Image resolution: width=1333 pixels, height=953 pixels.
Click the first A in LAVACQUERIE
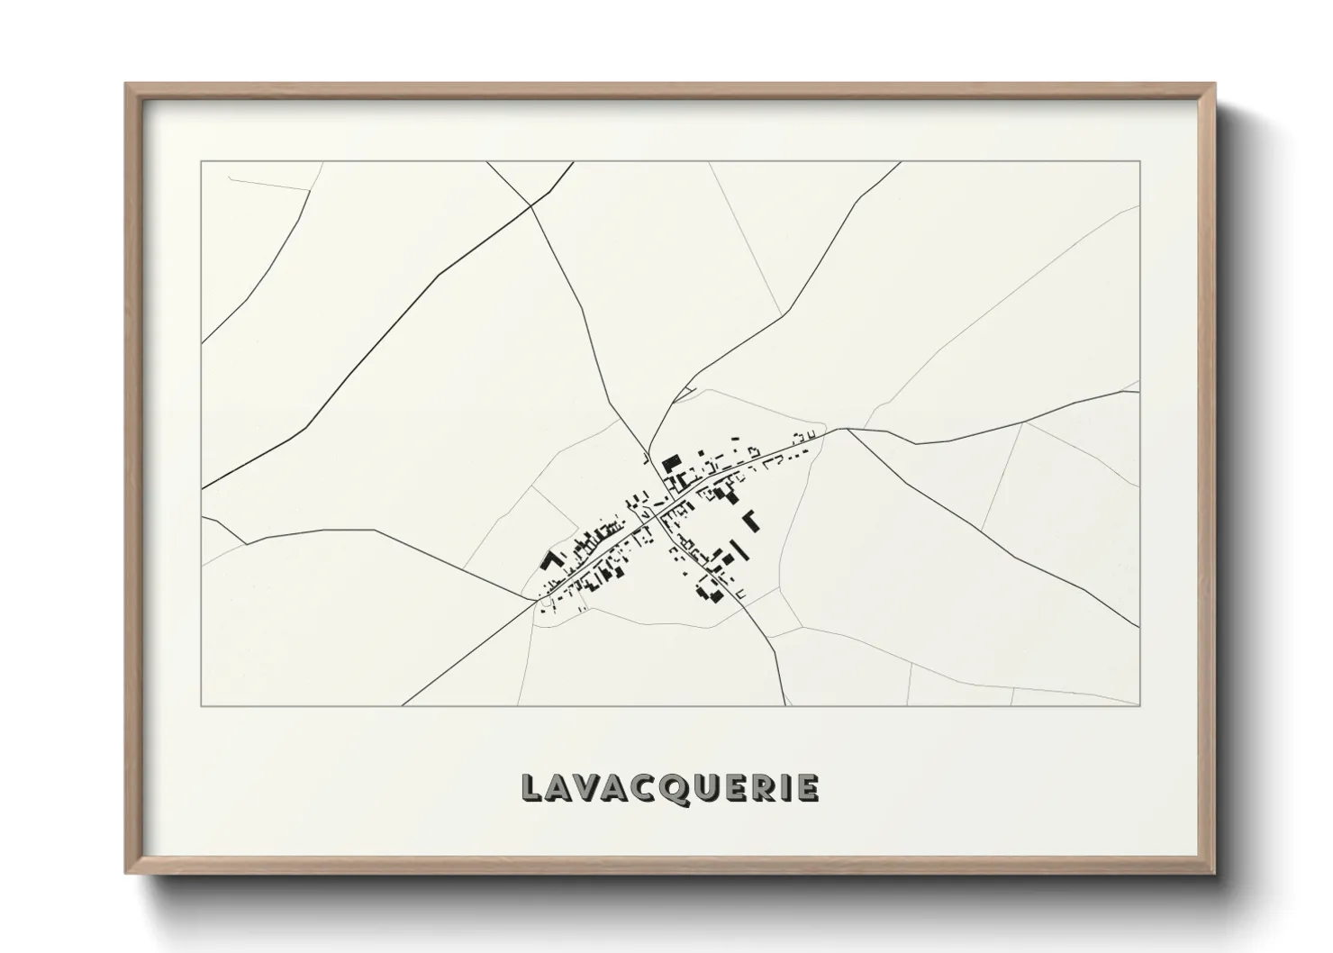(560, 788)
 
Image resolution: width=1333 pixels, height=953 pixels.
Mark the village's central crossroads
(656, 515)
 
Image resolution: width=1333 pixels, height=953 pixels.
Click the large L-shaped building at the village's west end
(549, 561)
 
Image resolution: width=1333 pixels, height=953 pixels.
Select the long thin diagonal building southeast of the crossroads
(738, 549)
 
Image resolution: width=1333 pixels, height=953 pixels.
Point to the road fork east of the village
(847, 430)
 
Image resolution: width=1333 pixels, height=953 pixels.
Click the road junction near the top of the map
(530, 205)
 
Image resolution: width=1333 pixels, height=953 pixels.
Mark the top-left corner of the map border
(202, 162)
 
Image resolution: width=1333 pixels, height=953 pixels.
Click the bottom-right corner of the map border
(1139, 705)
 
